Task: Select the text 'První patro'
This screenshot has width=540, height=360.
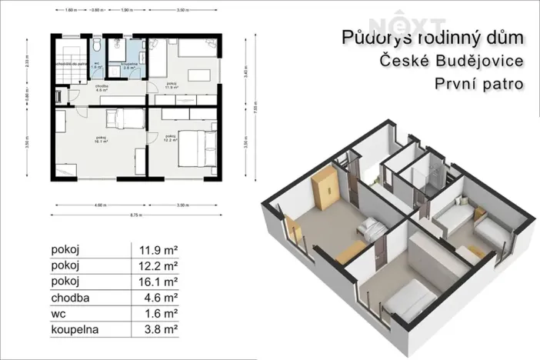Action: coord(472,82)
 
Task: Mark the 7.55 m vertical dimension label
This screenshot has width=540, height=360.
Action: coord(253,108)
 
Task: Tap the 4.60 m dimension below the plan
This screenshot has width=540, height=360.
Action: coord(95,205)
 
